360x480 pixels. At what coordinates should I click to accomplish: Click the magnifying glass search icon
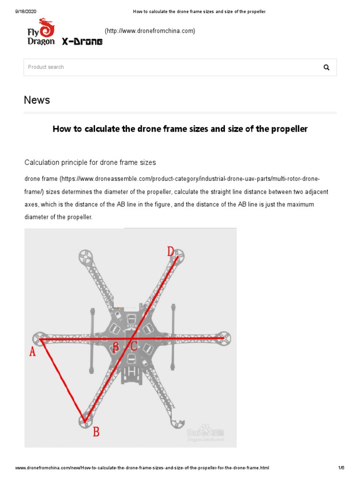[326, 67]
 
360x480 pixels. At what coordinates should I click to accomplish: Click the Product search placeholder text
[46, 67]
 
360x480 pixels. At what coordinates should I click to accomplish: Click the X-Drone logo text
[82, 42]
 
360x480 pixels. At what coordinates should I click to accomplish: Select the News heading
[37, 100]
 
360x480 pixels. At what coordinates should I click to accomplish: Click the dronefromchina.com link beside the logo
[150, 31]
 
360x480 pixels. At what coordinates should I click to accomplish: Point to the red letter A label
[32, 352]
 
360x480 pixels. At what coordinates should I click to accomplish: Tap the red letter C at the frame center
[133, 347]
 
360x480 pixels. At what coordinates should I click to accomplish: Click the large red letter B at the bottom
[96, 432]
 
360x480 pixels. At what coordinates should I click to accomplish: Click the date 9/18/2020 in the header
[20, 11]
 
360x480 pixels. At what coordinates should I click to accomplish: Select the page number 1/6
[341, 468]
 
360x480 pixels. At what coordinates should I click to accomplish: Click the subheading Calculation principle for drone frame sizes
[90, 162]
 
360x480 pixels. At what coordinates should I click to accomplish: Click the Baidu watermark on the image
[205, 433]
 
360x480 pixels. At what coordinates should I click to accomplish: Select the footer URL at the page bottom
[142, 468]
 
